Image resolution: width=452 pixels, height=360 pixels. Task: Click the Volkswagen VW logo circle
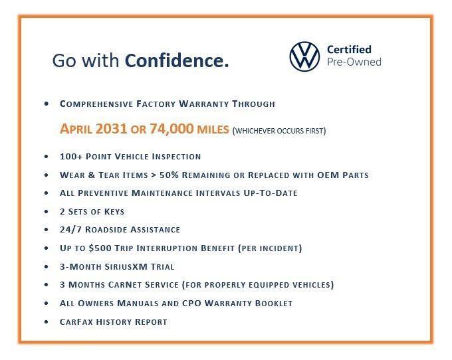coord(304,56)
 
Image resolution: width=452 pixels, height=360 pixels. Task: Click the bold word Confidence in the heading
coord(177,61)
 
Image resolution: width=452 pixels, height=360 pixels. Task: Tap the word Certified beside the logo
coord(349,49)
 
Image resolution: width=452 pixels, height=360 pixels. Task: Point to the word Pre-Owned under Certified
coord(354,62)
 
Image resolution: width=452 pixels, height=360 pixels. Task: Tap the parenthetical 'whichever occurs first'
coord(279,130)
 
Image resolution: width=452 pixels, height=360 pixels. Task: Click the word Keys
coord(112,211)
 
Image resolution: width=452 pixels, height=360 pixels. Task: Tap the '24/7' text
coord(71,230)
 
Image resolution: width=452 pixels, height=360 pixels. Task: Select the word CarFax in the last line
coord(77,321)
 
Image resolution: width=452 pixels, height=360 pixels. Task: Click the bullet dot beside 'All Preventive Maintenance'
coord(46,193)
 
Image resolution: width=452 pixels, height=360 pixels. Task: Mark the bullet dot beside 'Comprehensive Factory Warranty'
coord(46,104)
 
